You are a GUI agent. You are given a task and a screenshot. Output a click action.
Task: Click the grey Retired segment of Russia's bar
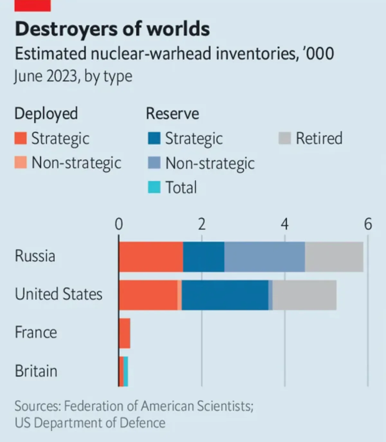(334, 257)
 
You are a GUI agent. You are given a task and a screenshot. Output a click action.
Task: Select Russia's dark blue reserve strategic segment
(204, 257)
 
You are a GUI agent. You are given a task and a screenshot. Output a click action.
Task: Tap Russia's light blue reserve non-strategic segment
(264, 257)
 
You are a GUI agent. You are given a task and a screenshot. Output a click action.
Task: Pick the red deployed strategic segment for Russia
(151, 257)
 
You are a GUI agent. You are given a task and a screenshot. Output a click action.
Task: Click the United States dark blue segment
(225, 295)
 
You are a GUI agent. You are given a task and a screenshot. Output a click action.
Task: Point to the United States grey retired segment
(304, 295)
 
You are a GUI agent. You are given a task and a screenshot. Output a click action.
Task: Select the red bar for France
(125, 333)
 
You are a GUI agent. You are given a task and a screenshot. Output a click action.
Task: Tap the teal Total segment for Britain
(126, 372)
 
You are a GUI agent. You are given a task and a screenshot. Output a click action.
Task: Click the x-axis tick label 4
(284, 224)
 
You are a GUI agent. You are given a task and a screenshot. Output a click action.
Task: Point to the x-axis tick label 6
(368, 224)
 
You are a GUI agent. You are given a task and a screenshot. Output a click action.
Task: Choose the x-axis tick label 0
(119, 224)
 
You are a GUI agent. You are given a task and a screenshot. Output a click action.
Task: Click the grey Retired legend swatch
(285, 138)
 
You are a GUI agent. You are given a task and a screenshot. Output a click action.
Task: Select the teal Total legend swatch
(154, 187)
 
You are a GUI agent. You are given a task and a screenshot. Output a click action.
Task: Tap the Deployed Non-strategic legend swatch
(21, 162)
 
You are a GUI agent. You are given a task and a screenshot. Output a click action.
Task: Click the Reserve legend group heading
(172, 114)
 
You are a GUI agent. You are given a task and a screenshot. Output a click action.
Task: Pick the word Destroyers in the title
(66, 29)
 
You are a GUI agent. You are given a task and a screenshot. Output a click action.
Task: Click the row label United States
(59, 294)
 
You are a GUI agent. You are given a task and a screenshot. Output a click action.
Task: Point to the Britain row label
(36, 371)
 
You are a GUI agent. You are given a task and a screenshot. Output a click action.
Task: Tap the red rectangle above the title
(32, 5)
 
